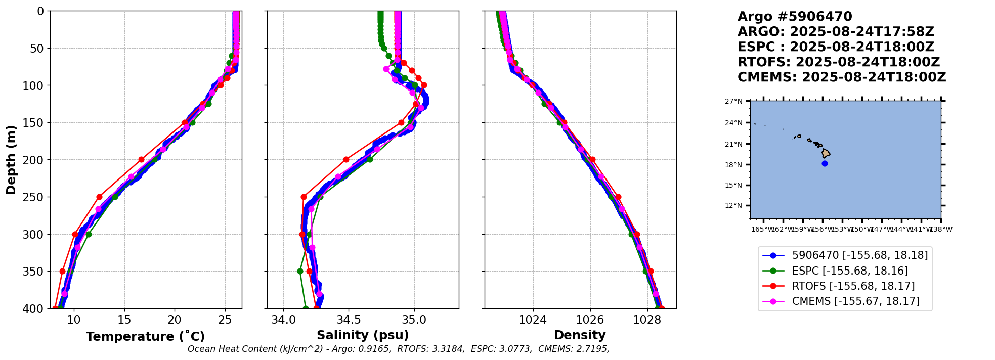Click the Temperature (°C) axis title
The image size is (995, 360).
click(145, 336)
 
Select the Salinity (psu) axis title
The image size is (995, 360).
click(363, 335)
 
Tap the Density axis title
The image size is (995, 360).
click(580, 335)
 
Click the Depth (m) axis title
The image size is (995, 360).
click(11, 159)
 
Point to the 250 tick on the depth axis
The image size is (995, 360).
click(36, 197)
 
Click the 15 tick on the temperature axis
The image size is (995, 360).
click(124, 320)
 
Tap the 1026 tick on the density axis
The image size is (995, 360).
click(590, 320)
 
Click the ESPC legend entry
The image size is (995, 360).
click(850, 271)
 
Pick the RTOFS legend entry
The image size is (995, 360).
click(853, 286)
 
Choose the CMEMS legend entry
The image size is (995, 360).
click(855, 301)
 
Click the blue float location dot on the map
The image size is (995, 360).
click(825, 163)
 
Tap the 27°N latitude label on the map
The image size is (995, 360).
click(733, 102)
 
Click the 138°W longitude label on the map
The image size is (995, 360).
click(941, 230)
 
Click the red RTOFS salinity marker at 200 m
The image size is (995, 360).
click(346, 159)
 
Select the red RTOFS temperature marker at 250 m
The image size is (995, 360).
click(99, 197)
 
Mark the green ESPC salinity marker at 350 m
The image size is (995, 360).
click(300, 271)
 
